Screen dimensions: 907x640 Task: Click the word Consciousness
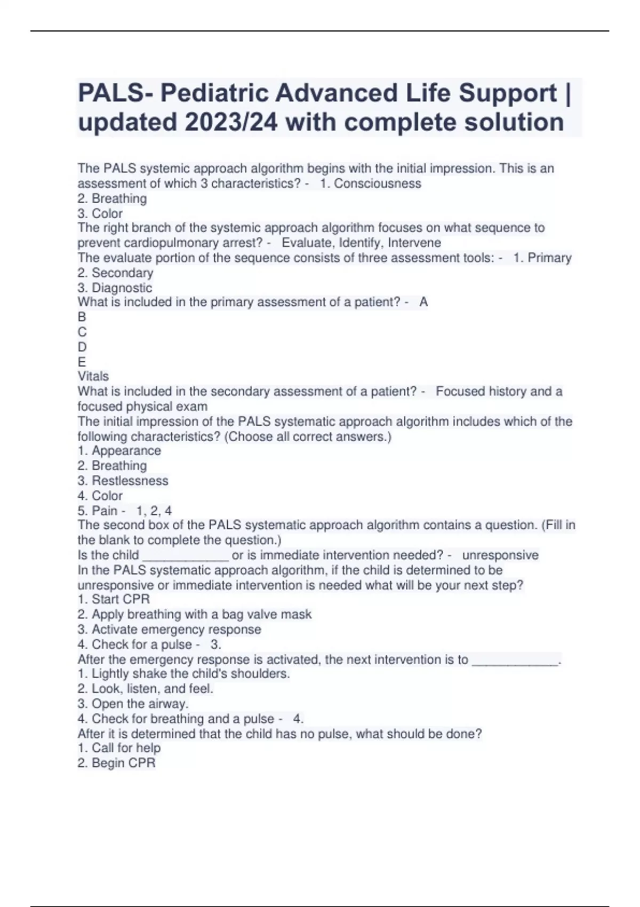(377, 184)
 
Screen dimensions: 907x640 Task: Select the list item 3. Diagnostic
(115, 288)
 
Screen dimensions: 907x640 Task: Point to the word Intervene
(414, 243)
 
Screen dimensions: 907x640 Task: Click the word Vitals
(93, 376)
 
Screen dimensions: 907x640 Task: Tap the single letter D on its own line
(82, 347)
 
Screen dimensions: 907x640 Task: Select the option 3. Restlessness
(123, 481)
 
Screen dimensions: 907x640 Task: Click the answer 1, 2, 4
(154, 511)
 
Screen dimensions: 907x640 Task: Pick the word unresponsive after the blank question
(500, 555)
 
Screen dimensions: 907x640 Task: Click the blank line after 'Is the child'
(186, 556)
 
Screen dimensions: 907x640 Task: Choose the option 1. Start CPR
(114, 599)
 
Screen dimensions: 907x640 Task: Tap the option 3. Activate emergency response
(169, 630)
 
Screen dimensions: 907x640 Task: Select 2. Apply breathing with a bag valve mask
(194, 615)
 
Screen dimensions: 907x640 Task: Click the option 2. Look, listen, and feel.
(145, 689)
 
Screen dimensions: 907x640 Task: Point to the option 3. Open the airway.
(133, 704)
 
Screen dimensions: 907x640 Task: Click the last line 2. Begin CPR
(116, 763)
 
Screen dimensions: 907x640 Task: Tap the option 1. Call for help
(119, 748)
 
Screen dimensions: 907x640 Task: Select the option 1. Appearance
(119, 451)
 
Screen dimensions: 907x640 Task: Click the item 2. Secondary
(115, 273)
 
